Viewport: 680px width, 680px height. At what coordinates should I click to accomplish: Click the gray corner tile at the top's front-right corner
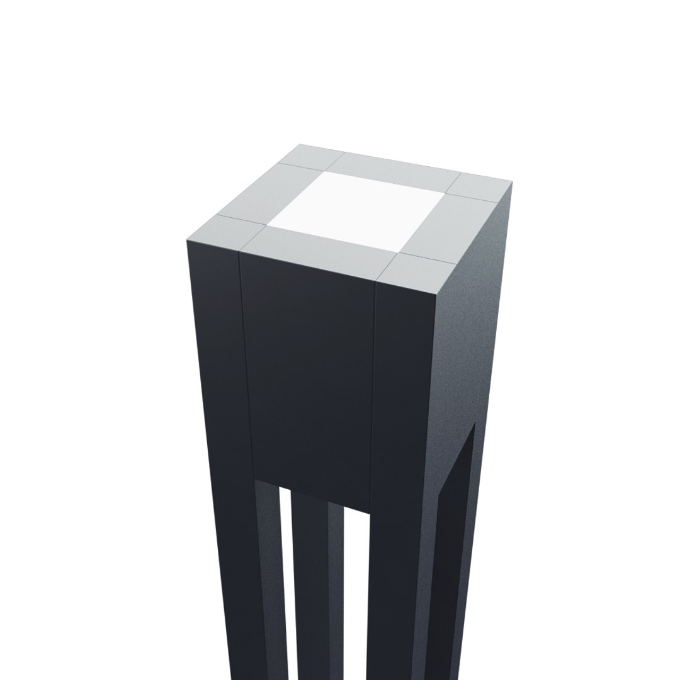418,276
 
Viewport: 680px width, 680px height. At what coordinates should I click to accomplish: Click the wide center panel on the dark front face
309,378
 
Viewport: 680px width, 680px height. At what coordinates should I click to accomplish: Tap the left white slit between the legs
286,579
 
